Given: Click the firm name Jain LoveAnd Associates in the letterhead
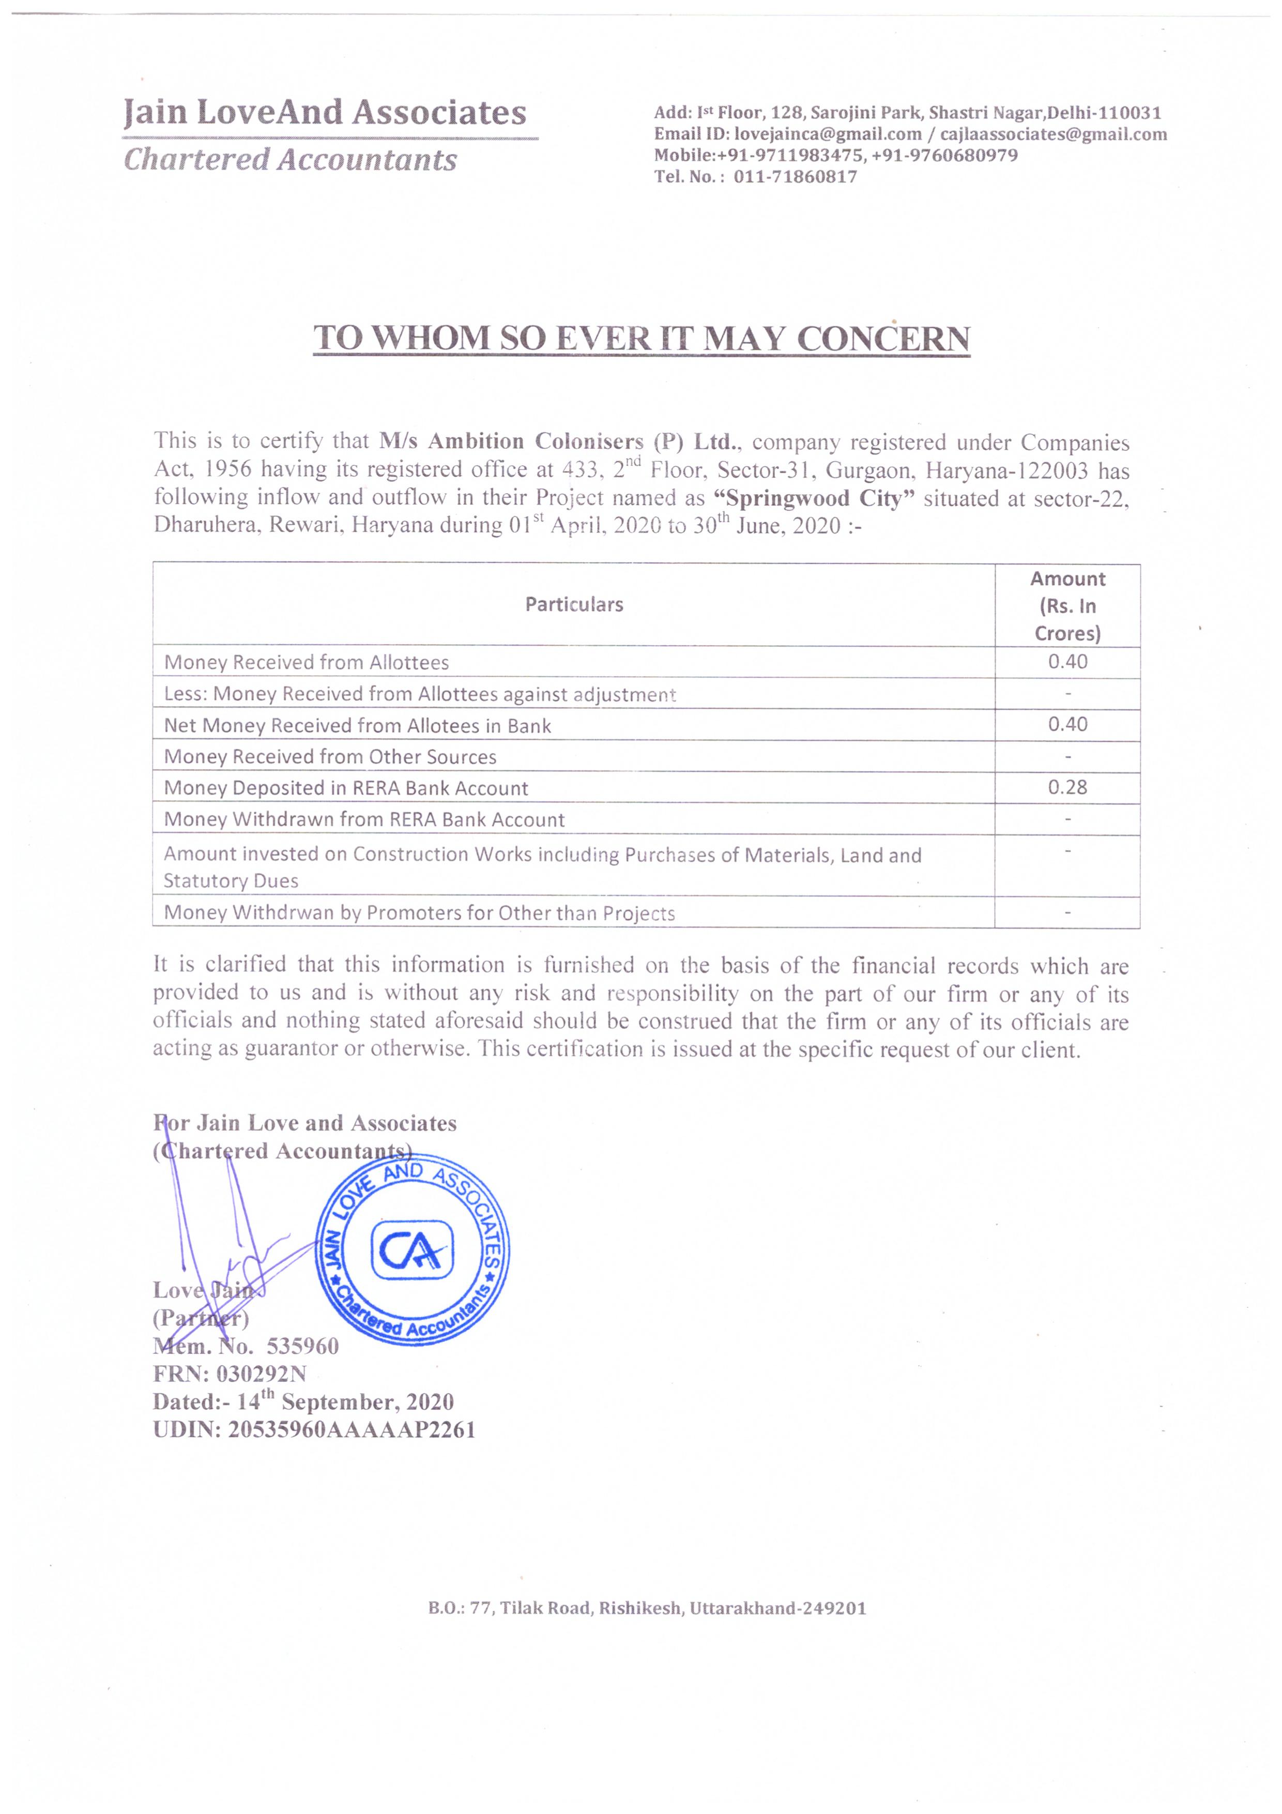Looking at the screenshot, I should (325, 113).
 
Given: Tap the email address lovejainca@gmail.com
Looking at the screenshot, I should (828, 134).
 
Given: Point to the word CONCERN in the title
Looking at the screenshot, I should (883, 339).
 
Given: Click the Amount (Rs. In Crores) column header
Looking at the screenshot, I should (1067, 606).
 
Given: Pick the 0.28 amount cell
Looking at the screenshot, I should (1067, 788).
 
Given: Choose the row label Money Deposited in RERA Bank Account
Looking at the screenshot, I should (346, 788).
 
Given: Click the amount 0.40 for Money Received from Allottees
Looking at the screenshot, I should (1067, 662).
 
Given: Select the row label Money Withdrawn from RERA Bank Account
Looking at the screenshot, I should (364, 820).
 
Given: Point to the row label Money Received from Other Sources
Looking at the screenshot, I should (330, 757).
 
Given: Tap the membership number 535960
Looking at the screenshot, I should (302, 1346).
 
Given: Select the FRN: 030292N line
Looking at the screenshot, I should (230, 1374).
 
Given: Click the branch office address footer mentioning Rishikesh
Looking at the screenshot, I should (647, 1609).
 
